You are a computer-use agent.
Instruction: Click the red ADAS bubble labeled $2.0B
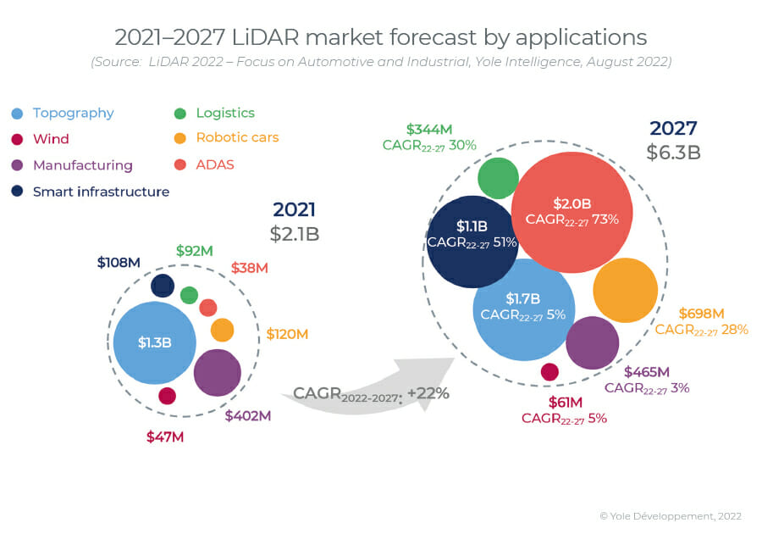coord(573,212)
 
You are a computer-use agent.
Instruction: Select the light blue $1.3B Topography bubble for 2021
coord(155,342)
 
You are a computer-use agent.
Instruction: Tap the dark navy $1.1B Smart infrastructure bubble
coord(472,242)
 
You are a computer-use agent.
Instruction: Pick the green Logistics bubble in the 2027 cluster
coord(499,178)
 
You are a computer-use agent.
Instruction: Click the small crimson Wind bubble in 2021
coord(167,396)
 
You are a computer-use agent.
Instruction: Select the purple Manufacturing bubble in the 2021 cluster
coord(218,372)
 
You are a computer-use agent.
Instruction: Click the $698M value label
coord(701,313)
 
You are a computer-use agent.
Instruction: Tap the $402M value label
coord(247,415)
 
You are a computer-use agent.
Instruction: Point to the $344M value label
coord(428,129)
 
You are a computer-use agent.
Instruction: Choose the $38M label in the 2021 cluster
coord(249,268)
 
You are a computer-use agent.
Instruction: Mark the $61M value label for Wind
coord(564,402)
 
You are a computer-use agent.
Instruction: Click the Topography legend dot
coord(18,114)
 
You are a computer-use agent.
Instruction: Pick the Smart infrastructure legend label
coord(101,192)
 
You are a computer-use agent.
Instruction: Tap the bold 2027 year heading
coord(673,128)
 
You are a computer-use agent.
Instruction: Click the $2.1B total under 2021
coord(295,234)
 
